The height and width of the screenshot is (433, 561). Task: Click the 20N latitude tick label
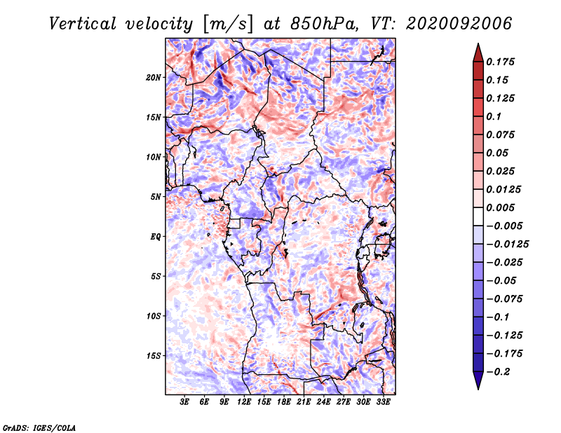click(x=154, y=78)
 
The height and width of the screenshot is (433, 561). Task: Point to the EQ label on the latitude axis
click(x=156, y=237)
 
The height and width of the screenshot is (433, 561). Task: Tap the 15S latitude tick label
click(x=154, y=356)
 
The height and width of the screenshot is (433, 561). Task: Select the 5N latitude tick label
click(x=156, y=197)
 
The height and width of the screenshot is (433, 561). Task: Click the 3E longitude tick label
click(x=184, y=402)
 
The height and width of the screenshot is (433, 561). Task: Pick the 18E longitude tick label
click(x=284, y=402)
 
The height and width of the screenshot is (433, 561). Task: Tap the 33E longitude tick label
click(x=383, y=402)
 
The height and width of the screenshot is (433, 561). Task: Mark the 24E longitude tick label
click(x=323, y=402)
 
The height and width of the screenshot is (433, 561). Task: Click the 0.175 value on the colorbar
click(x=500, y=62)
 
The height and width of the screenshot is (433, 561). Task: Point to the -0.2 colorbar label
click(x=498, y=372)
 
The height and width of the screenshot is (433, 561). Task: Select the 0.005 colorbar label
click(x=500, y=207)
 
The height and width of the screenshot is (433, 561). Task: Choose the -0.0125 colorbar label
click(x=507, y=245)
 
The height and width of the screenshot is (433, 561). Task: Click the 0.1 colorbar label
click(x=494, y=116)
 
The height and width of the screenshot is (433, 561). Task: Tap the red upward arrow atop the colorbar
click(x=478, y=53)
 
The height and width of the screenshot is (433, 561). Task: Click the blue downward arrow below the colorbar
click(x=478, y=380)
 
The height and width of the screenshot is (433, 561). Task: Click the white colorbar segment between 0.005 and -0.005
click(x=478, y=216)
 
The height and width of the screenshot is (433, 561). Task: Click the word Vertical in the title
click(x=83, y=24)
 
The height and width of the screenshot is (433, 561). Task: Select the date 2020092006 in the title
click(x=459, y=24)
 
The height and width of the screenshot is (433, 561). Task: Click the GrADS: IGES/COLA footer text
click(x=39, y=428)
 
